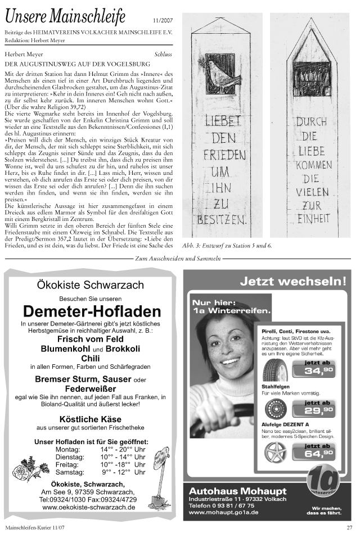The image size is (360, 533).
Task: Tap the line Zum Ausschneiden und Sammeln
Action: coord(178,259)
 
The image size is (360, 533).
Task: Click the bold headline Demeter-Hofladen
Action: coord(92,311)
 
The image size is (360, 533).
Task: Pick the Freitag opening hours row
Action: coord(101,465)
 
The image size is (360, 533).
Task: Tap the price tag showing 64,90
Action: coord(318,450)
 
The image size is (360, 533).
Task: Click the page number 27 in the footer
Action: coord(349,527)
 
